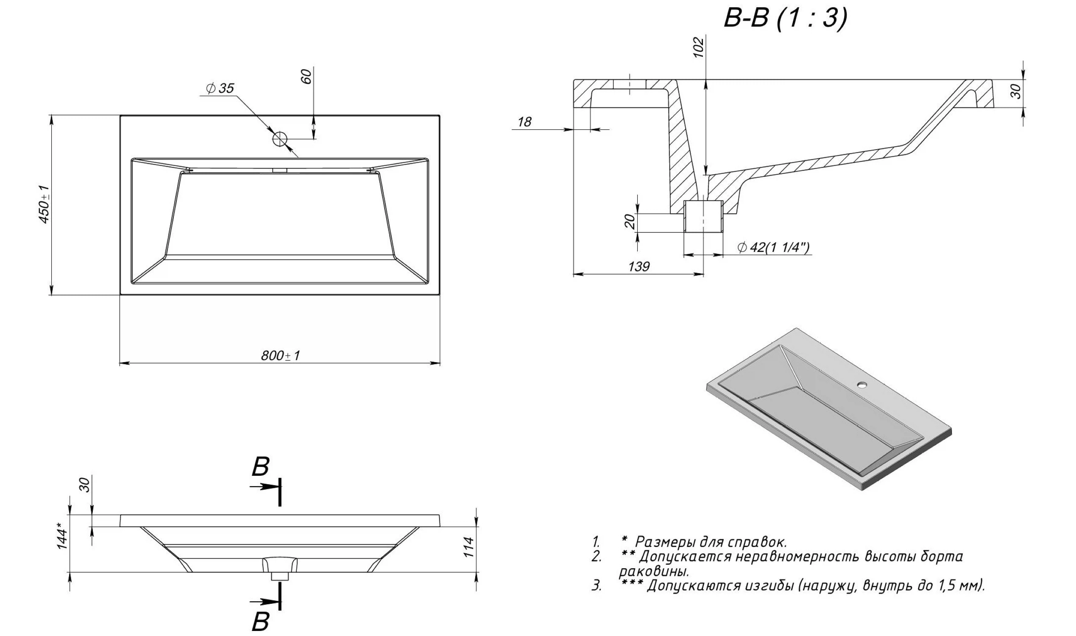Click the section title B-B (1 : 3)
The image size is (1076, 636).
point(785,19)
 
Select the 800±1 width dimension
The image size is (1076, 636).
point(281,355)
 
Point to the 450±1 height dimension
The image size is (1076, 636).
point(44,204)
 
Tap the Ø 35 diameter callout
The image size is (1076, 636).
point(220,89)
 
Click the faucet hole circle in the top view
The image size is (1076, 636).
point(280,138)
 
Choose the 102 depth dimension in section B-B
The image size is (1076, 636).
point(698,47)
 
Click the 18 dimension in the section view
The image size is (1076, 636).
point(524,122)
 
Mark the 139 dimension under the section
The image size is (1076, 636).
point(639,267)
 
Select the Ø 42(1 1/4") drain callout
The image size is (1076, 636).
point(773,247)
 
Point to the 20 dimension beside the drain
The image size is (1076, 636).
point(630,222)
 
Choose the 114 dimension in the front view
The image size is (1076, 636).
point(470,547)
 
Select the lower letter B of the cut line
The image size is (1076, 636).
point(260,621)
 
